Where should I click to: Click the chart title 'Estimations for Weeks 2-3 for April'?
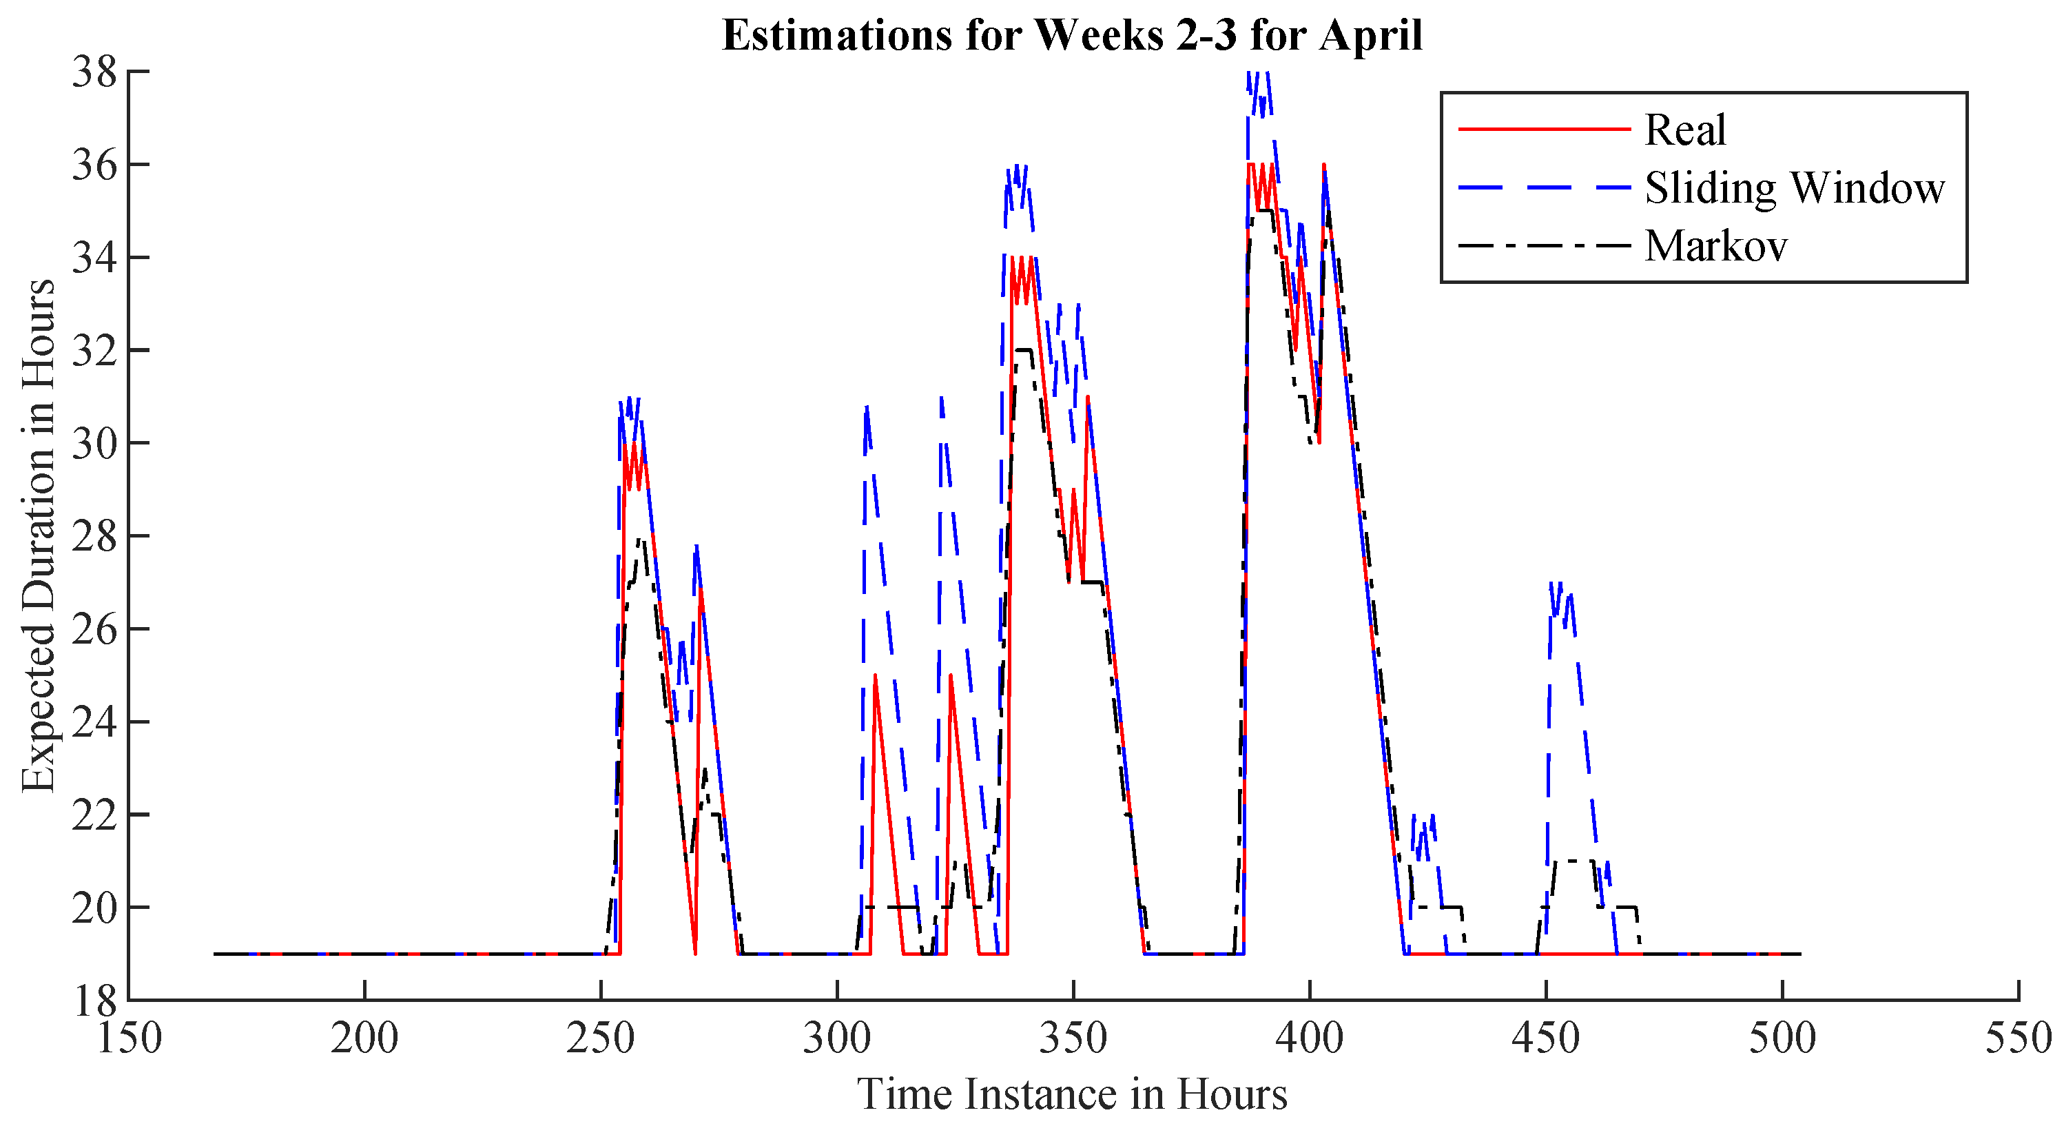click(1071, 36)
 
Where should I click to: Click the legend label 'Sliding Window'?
click(1794, 188)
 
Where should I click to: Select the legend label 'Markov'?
click(1715, 246)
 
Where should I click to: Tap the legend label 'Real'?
click(1685, 130)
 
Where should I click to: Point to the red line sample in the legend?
click(1544, 129)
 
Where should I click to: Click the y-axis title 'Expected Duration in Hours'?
click(38, 535)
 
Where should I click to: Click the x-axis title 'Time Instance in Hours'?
click(1072, 1093)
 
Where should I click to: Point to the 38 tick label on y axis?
click(94, 73)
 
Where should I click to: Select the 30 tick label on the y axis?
click(94, 443)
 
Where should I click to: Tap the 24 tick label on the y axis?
click(94, 722)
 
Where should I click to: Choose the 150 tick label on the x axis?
click(129, 1038)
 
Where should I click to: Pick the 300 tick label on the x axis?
click(836, 1038)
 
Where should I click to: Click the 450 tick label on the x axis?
click(1546, 1038)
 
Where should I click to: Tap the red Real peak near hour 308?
click(875, 675)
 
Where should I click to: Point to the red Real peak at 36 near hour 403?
click(1323, 165)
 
